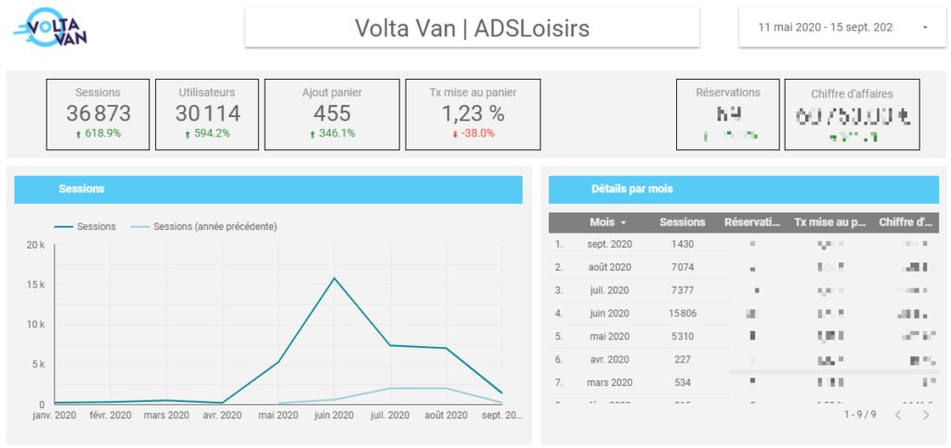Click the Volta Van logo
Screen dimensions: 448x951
[x=52, y=28]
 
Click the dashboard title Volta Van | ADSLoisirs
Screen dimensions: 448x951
[x=472, y=29]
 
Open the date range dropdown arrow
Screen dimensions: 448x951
[x=925, y=28]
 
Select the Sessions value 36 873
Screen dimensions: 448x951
[x=98, y=113]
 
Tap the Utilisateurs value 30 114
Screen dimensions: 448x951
[x=207, y=113]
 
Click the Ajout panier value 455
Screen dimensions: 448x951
[x=332, y=113]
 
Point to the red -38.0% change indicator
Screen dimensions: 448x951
[x=473, y=134]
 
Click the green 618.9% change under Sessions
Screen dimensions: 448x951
[x=98, y=134]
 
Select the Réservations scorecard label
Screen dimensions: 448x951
[x=728, y=92]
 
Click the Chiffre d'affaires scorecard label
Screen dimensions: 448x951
[x=852, y=93]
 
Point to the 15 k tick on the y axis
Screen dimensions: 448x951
[x=34, y=285]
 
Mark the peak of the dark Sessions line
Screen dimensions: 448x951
[x=334, y=278]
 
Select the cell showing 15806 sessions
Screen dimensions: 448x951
[x=682, y=314]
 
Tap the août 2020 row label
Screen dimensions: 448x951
[x=608, y=267]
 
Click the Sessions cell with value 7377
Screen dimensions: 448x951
[x=682, y=290]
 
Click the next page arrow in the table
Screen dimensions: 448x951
[x=925, y=415]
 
